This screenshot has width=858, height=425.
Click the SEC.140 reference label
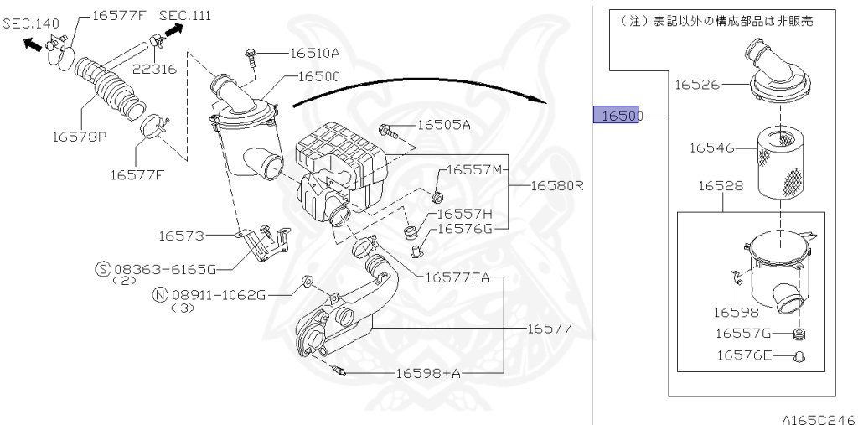click(x=30, y=23)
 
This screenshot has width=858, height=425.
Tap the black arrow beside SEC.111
click(x=173, y=30)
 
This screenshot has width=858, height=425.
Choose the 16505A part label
click(x=443, y=125)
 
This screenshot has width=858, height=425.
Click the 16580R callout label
click(x=556, y=186)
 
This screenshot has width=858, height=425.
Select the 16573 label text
click(x=182, y=236)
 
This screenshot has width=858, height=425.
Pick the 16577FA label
click(x=457, y=277)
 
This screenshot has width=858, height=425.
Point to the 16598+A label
click(x=427, y=373)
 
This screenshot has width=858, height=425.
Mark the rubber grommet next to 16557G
click(x=799, y=335)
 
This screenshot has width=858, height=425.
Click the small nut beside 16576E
click(x=799, y=356)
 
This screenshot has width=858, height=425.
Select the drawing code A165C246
click(x=819, y=417)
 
